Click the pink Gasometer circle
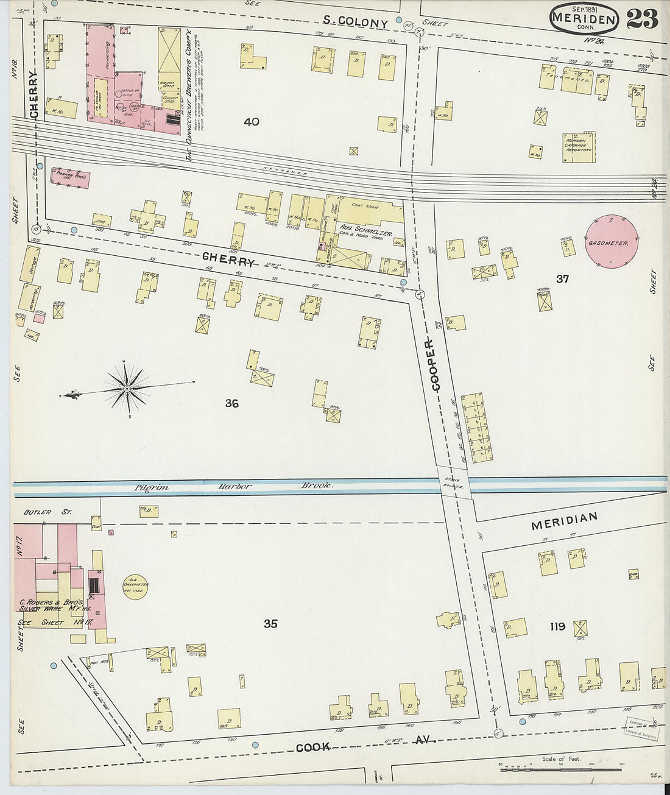coord(612,242)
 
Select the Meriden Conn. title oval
coord(584,19)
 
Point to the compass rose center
coord(127,388)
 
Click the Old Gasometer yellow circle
coord(136,586)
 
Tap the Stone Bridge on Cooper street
coord(453,484)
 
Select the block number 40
coord(251,122)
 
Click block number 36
coord(231,403)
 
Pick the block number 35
coord(270,623)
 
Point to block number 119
coord(557,626)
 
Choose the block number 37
coord(562,278)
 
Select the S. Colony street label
coord(355,22)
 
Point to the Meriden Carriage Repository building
coord(578,147)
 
